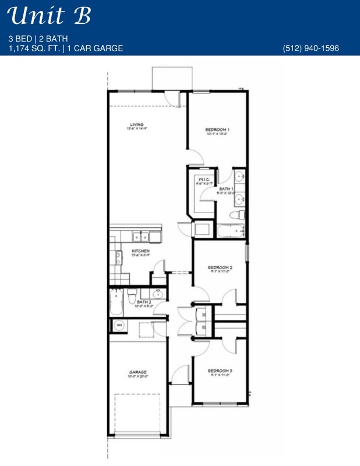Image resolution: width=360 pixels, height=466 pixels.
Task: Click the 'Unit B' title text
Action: [50, 16]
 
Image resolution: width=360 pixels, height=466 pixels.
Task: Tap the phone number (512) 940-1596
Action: [310, 48]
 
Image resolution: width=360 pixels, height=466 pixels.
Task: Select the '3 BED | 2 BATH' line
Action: [36, 38]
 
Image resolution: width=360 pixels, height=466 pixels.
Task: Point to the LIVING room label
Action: [136, 125]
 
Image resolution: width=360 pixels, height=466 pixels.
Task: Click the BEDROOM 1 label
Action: [217, 129]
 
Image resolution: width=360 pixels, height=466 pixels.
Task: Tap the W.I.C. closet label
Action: [203, 179]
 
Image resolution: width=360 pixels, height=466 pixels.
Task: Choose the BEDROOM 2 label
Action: [220, 268]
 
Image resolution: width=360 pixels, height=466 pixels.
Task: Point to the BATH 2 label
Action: [144, 302]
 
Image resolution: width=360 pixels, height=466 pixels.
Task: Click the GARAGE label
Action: [138, 372]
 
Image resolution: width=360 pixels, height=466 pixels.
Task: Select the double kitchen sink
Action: [140, 236]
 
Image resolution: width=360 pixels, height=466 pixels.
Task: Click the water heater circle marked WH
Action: [119, 325]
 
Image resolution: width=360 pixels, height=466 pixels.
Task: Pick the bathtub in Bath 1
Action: [231, 231]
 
